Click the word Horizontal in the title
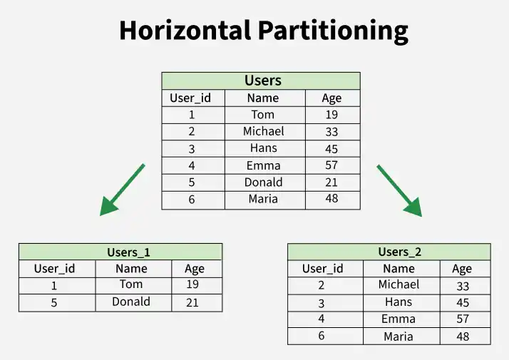click(x=185, y=30)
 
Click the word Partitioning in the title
click(x=333, y=31)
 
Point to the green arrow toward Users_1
click(x=122, y=190)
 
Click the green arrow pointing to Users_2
click(x=400, y=190)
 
